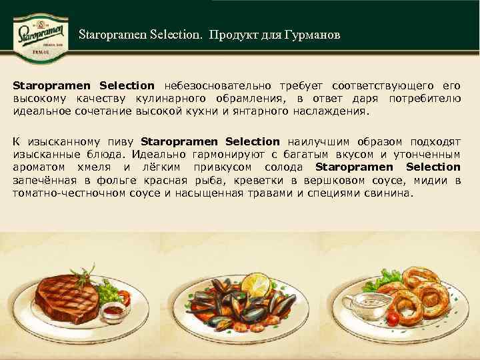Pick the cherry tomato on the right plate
(393, 319)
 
